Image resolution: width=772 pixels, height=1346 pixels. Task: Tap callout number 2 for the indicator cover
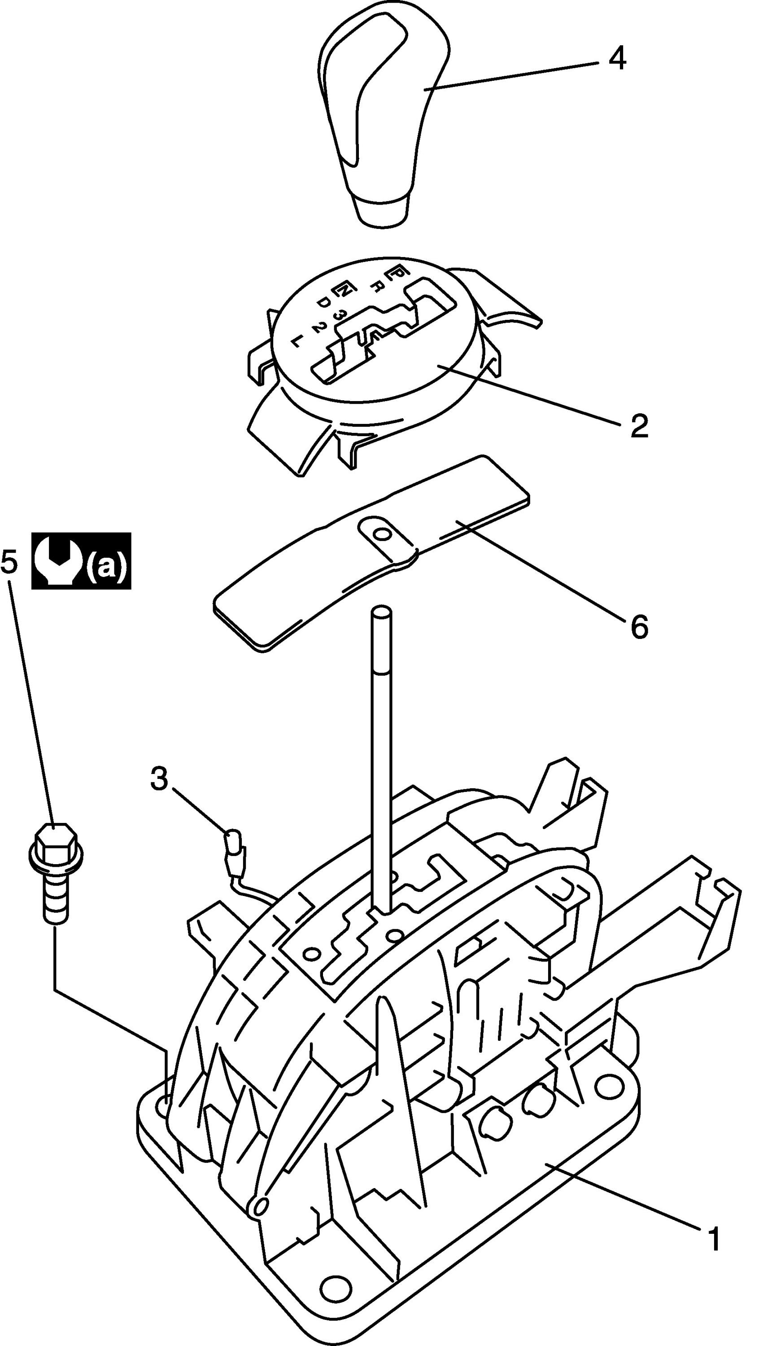tap(639, 425)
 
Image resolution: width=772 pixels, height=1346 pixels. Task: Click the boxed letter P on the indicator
tap(399, 273)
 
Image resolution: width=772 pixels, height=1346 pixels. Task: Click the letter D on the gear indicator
tap(323, 302)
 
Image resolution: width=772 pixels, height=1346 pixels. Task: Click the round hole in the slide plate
tap(380, 531)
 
